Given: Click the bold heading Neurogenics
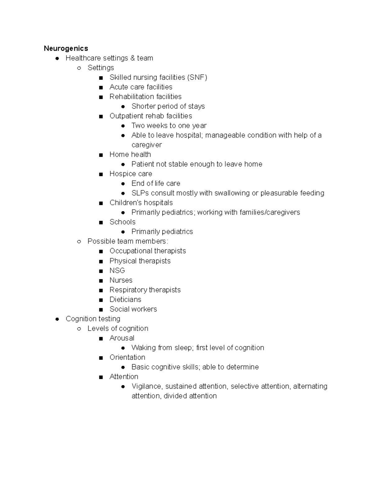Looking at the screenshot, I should coord(66,48).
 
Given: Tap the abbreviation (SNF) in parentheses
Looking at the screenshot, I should coord(197,77).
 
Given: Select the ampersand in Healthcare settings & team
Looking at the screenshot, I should coord(133,58).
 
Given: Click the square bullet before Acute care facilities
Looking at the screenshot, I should coord(101,88).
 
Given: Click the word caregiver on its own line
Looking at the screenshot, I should coord(146,145).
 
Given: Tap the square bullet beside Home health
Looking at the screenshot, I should coord(101,155).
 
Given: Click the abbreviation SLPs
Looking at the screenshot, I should coord(140,193).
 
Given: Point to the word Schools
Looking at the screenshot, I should coord(122,222).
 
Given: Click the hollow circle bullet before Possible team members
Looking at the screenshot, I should coord(79,241).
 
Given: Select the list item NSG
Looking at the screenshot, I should coord(117,270).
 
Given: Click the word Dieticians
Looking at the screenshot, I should coord(125,300).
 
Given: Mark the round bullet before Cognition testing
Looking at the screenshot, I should coord(57,319).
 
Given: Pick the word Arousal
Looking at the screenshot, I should coord(122,338).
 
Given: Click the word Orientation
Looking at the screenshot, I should coord(127,357).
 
